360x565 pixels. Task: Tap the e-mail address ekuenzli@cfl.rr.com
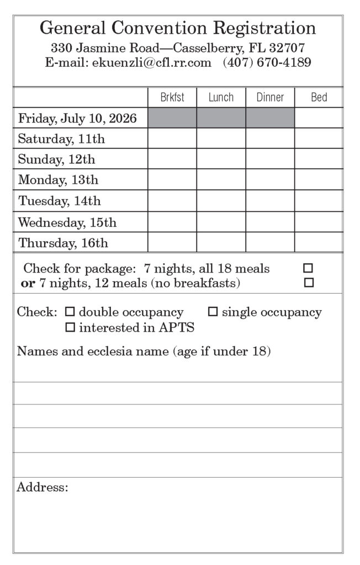click(x=152, y=62)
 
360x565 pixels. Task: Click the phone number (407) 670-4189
click(x=267, y=62)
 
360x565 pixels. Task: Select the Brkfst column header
click(x=172, y=98)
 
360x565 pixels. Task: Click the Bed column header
click(x=319, y=98)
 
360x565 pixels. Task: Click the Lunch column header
click(x=221, y=98)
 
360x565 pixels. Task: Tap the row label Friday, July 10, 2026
click(x=77, y=118)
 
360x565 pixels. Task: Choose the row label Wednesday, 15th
click(x=67, y=222)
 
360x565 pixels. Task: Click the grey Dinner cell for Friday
click(x=270, y=118)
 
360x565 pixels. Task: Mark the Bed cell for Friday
click(x=319, y=118)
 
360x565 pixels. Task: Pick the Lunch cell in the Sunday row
click(x=221, y=159)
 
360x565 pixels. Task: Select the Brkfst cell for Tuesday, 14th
click(x=172, y=201)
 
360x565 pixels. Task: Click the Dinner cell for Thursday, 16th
click(x=270, y=242)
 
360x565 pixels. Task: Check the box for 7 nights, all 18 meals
click(x=308, y=269)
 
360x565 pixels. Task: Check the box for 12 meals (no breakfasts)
click(x=309, y=282)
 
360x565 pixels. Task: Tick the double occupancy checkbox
click(x=70, y=312)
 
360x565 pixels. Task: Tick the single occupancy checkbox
click(x=213, y=312)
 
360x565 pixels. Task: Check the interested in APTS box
click(x=70, y=328)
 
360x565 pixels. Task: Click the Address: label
click(x=43, y=487)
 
